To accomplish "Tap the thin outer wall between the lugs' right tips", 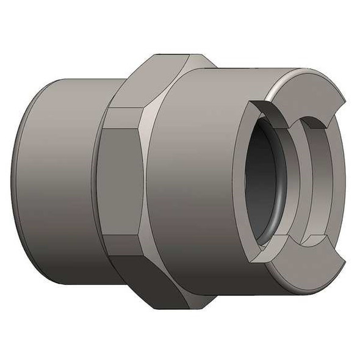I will [x=342, y=183].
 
